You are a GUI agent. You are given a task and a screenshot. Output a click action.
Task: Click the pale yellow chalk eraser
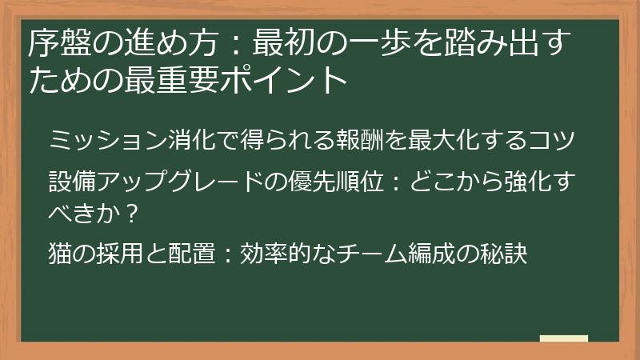564,338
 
